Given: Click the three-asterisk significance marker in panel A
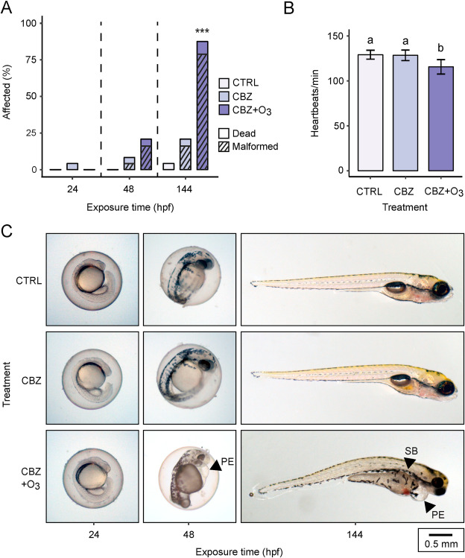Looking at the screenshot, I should tap(202, 31).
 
